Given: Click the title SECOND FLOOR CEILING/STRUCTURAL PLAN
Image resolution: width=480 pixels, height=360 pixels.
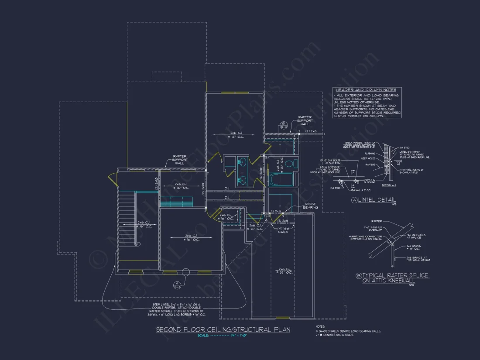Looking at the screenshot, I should click(x=223, y=330).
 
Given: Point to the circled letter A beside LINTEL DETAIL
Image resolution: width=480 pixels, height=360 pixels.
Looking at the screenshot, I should click(x=355, y=200).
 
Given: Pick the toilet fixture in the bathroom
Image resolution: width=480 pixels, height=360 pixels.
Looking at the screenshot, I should click(x=295, y=165).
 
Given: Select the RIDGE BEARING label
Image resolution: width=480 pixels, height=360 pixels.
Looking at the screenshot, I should click(x=311, y=206).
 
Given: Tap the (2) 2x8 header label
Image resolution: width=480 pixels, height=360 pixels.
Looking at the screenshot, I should click(x=311, y=131).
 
